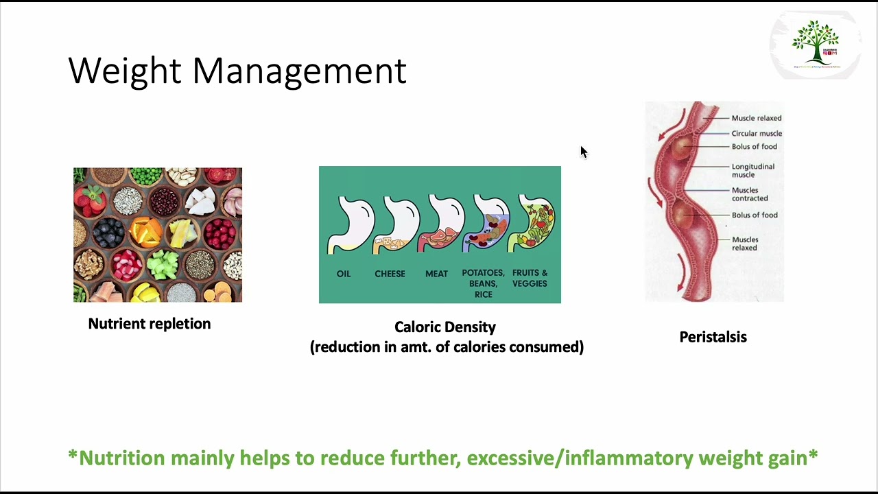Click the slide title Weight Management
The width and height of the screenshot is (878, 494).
click(x=237, y=71)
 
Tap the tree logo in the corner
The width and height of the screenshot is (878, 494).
click(x=816, y=43)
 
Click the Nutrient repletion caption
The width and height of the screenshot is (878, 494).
click(x=150, y=324)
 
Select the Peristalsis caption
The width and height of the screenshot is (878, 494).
click(x=713, y=337)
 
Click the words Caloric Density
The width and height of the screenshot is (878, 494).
click(x=444, y=327)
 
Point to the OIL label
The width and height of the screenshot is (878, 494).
click(x=344, y=274)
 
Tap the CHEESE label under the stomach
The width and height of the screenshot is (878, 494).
click(x=390, y=274)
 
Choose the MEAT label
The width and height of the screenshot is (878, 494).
click(x=436, y=274)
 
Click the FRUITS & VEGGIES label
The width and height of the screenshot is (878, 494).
click(x=530, y=278)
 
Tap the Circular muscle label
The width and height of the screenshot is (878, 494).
click(x=757, y=134)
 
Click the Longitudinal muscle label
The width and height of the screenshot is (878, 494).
click(x=752, y=170)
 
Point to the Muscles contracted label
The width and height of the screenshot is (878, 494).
click(x=749, y=194)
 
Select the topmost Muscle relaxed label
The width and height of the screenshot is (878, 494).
click(x=756, y=118)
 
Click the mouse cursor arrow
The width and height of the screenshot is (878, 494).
click(x=583, y=152)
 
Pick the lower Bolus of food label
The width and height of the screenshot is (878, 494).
click(x=755, y=215)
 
